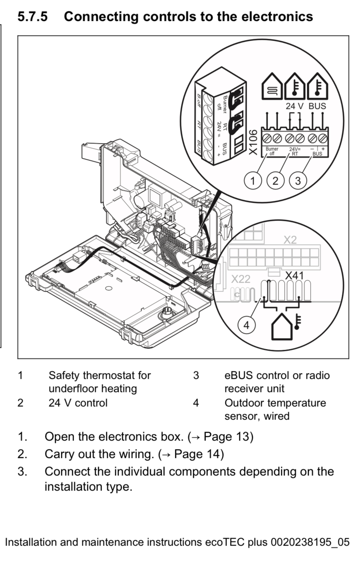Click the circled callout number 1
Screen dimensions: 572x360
click(253, 181)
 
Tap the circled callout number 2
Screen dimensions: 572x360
click(275, 181)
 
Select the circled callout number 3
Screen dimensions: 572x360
click(298, 181)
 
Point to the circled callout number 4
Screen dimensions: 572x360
click(246, 325)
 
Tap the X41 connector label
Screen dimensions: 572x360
click(294, 276)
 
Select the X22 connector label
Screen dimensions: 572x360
click(241, 279)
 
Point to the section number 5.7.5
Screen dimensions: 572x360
click(33, 16)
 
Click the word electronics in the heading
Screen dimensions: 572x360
click(277, 16)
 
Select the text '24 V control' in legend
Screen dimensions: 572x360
click(78, 403)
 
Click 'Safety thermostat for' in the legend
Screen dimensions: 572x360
click(99, 375)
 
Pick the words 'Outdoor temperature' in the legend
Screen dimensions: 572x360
click(275, 403)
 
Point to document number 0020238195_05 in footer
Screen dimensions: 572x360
click(310, 542)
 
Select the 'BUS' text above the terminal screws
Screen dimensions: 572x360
click(317, 106)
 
